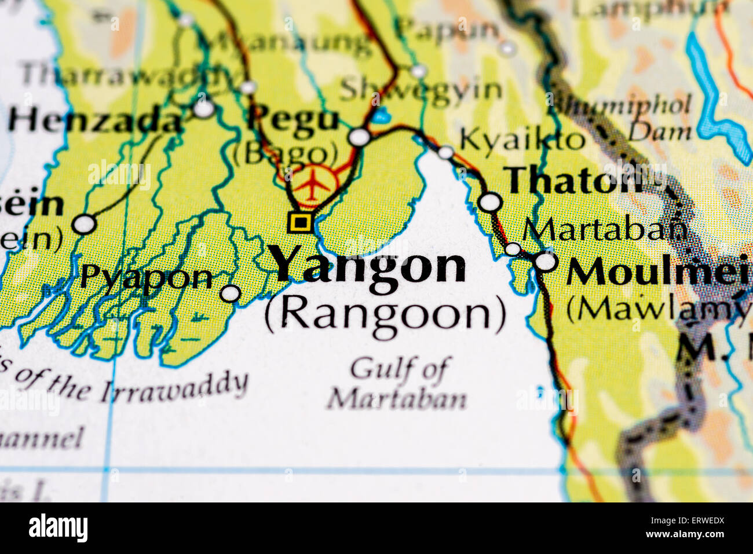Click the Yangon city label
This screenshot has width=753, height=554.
pyautogui.click(x=368, y=265)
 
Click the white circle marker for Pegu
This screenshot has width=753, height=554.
pyautogui.click(x=359, y=137)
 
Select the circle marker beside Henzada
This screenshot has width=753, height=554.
pyautogui.click(x=204, y=109)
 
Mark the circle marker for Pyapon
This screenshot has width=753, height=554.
pyautogui.click(x=231, y=293)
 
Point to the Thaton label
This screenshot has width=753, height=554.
pyautogui.click(x=573, y=181)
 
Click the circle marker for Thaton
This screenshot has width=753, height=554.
pyautogui.click(x=491, y=202)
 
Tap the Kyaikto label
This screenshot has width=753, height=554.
pyautogui.click(x=521, y=140)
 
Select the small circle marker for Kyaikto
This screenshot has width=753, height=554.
pyautogui.click(x=445, y=152)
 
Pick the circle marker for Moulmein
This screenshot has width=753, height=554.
pyautogui.click(x=546, y=262)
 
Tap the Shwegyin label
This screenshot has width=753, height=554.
pyautogui.click(x=421, y=90)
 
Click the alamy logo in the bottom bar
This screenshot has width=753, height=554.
pyautogui.click(x=58, y=528)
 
